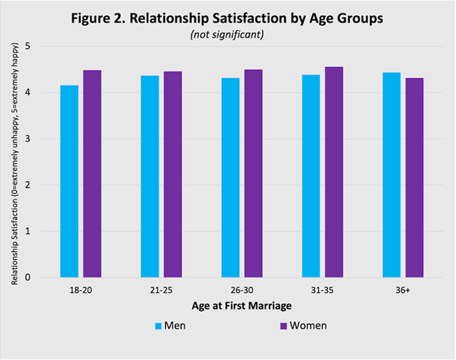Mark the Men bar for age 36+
[391, 175]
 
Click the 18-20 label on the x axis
[80, 290]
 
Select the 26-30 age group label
[241, 290]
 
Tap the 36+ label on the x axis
[402, 290]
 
